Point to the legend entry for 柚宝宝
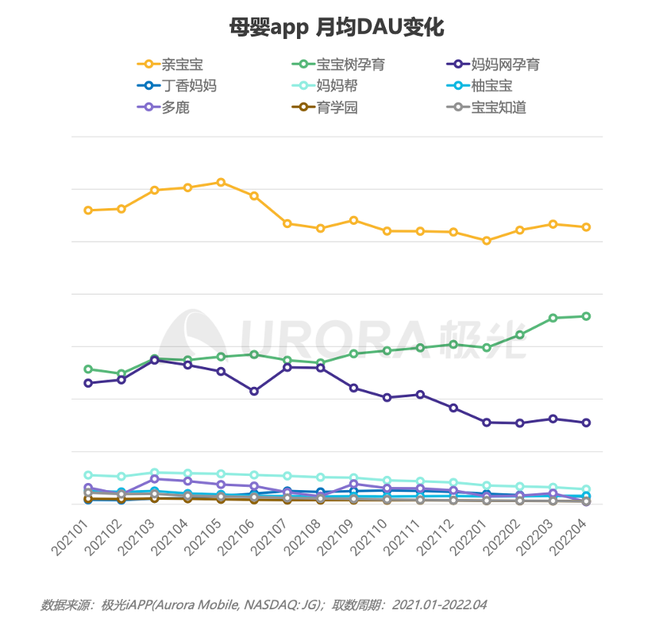point(491,86)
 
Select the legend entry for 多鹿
point(175,107)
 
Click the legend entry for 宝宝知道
point(499,107)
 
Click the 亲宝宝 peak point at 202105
point(221,182)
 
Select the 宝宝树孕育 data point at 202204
point(586,316)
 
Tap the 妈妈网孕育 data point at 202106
point(254,391)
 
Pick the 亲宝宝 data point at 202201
point(487,241)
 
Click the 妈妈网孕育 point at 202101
point(88,383)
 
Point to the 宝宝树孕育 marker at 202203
point(553,318)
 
